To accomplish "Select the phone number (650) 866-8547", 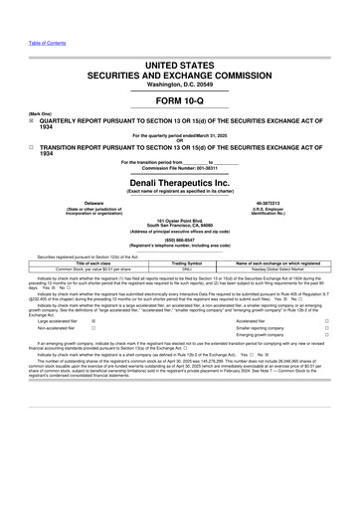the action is coord(179,265).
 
